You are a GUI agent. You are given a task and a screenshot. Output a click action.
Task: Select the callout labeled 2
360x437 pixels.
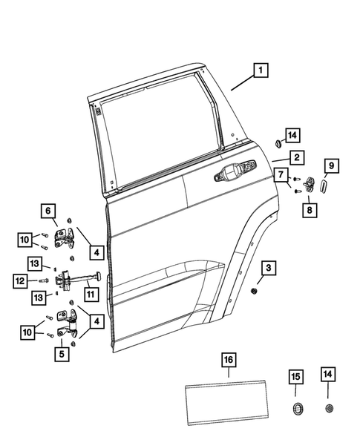click(295, 157)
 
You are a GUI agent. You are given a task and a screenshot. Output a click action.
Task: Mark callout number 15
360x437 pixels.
click(295, 378)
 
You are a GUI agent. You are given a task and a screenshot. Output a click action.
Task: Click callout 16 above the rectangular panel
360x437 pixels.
click(228, 361)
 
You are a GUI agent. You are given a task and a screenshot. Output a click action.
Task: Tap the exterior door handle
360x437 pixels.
click(231, 177)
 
